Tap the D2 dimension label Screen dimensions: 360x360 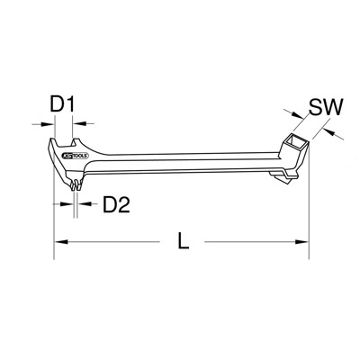pos(114,206)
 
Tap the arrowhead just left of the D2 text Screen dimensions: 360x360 pos(87,205)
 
